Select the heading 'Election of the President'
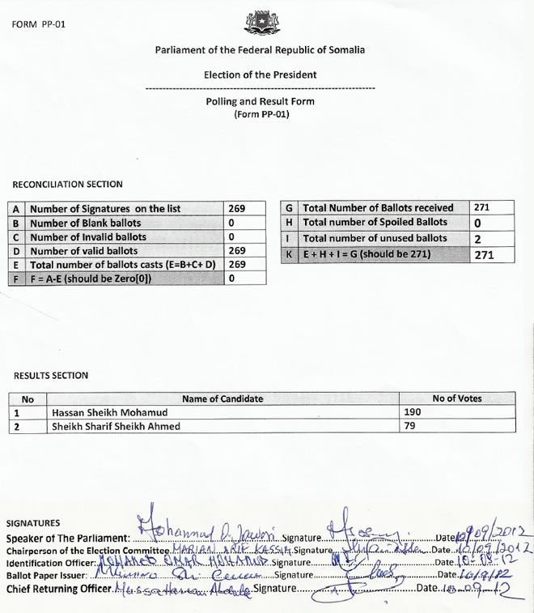[260, 74]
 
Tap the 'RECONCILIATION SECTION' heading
[68, 185]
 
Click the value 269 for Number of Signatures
[237, 209]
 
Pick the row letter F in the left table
[17, 278]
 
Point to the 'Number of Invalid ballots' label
[88, 236]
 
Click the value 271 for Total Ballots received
[482, 208]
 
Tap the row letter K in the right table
[289, 254]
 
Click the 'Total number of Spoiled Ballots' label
[375, 223]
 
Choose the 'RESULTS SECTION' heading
[52, 376]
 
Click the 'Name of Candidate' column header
[222, 398]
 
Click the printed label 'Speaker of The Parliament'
[67, 539]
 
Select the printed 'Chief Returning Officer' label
[58, 588]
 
